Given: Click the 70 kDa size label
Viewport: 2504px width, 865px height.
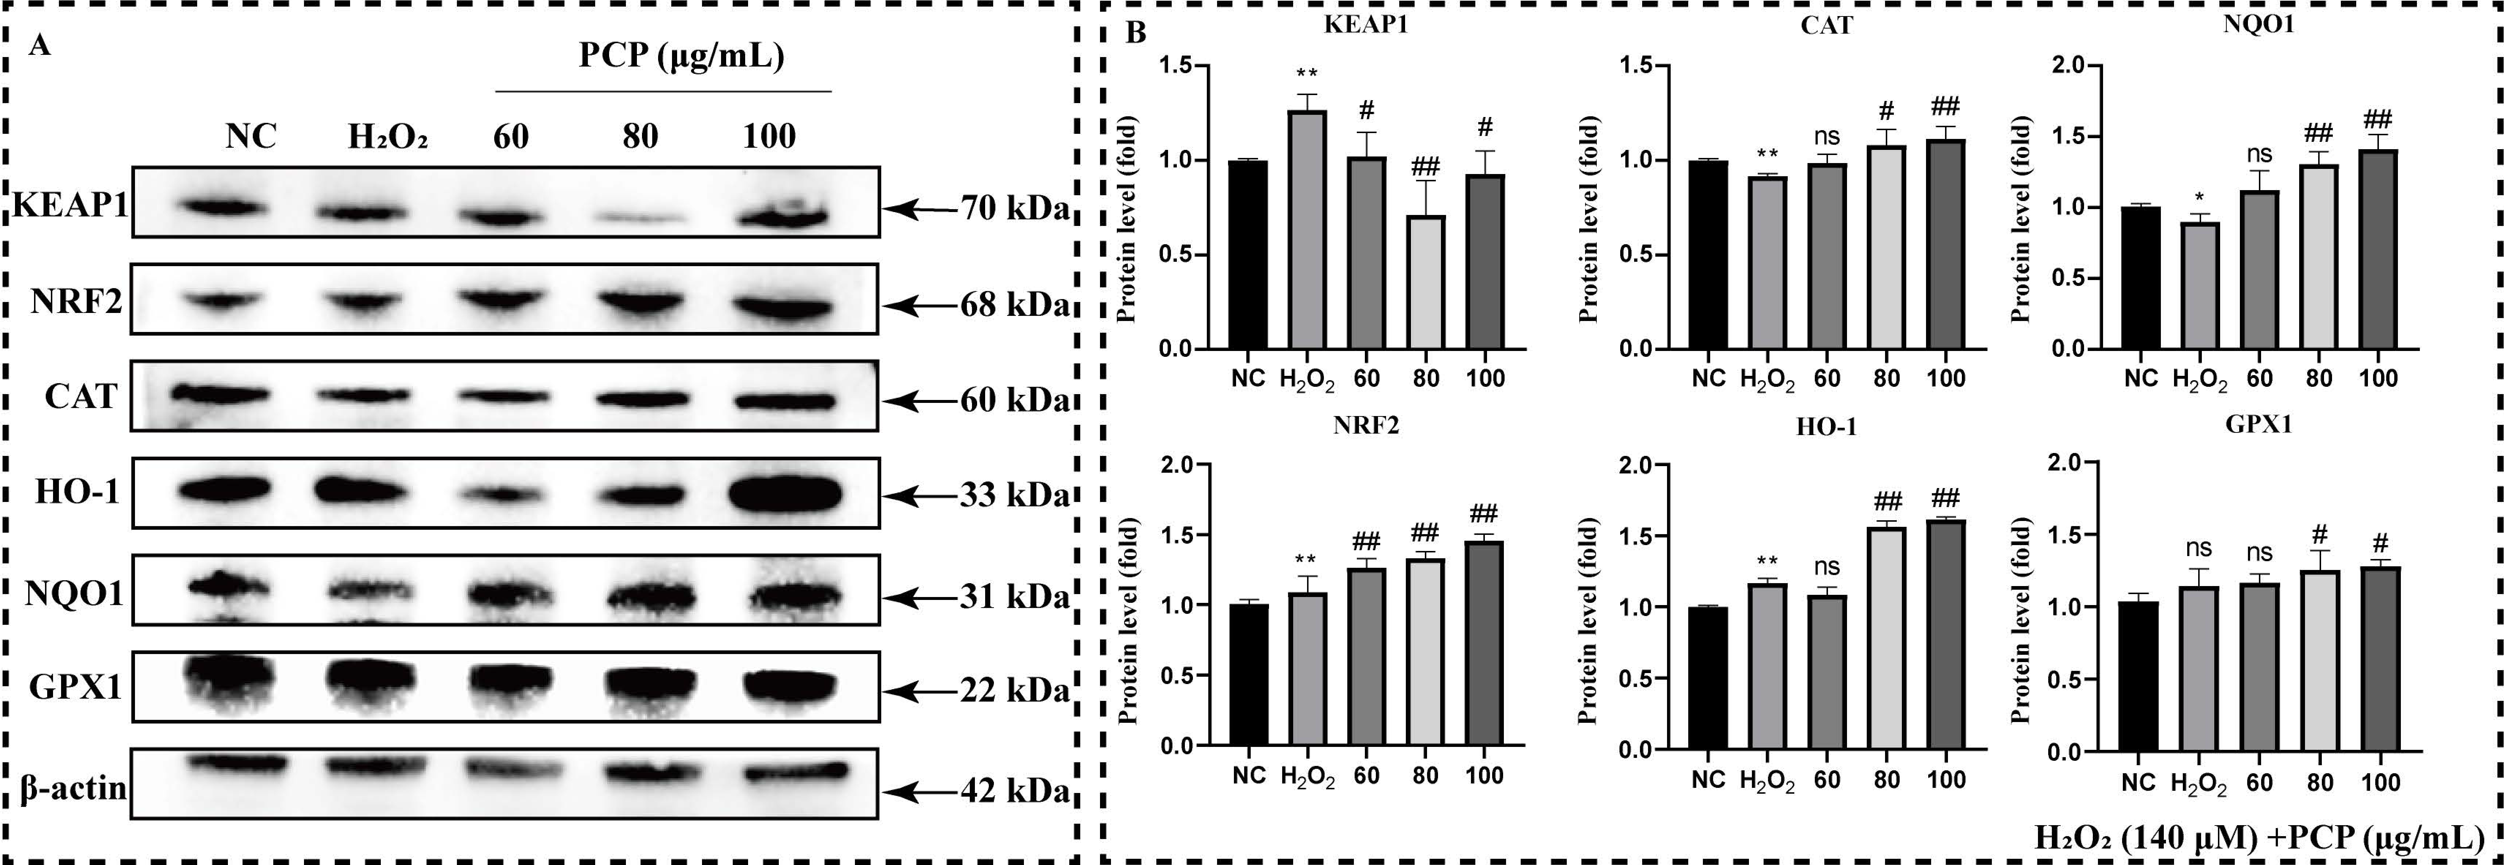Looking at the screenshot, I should [x=1014, y=208].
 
